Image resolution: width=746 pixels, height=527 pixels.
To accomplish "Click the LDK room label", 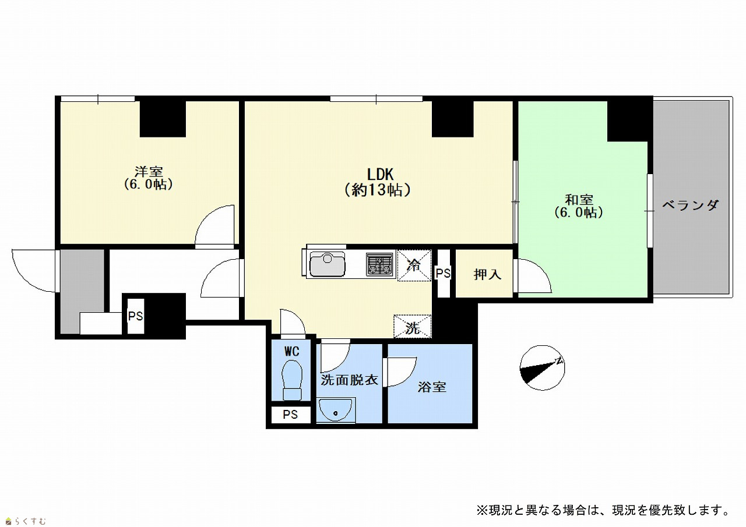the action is coord(378,182).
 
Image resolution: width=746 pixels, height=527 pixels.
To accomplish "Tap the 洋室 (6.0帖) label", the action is coord(149,178).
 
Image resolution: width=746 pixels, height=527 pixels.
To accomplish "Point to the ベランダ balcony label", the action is coord(691,205).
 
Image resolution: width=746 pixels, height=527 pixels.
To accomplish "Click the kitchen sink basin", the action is coord(328,264).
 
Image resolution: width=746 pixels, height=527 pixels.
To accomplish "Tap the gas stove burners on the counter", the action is coord(379,264).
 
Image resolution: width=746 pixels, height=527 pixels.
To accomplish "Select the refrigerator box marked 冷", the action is coord(414,265).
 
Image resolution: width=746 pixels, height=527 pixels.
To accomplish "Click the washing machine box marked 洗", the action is coord(413,326).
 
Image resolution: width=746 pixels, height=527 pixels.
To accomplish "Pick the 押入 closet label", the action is coord(487,274).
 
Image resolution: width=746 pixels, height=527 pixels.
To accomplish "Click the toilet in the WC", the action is coord(292,380).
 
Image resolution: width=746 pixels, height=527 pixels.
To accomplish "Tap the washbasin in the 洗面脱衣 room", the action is coord(336,411).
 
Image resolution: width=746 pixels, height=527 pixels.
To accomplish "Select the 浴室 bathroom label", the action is coord(432,387).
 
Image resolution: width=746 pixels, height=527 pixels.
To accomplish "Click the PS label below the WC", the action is coord(290,415).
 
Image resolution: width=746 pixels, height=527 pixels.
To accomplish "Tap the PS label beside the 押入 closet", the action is coord(444,273).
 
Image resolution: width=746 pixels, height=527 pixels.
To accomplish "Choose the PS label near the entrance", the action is coord(136,316).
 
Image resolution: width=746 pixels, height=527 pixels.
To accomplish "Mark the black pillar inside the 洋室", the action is coord(163,119).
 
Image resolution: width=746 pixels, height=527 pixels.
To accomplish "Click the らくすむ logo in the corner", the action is coord(26,521).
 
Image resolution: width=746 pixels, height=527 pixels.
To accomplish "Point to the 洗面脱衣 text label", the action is coord(349,380).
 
